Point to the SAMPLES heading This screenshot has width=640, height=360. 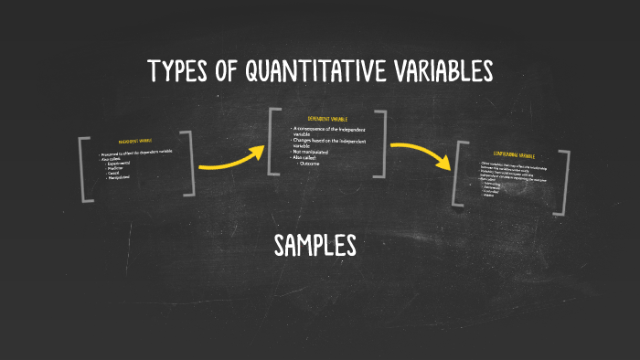[x=315, y=245]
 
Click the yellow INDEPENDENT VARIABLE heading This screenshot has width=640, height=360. [x=135, y=142]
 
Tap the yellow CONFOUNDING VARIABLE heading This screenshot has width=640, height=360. [x=512, y=155]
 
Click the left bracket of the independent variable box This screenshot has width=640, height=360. [x=83, y=169]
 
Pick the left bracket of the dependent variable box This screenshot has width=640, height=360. [x=272, y=142]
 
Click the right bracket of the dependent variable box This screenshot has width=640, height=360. [x=382, y=143]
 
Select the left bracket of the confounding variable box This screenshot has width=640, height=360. [x=460, y=174]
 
